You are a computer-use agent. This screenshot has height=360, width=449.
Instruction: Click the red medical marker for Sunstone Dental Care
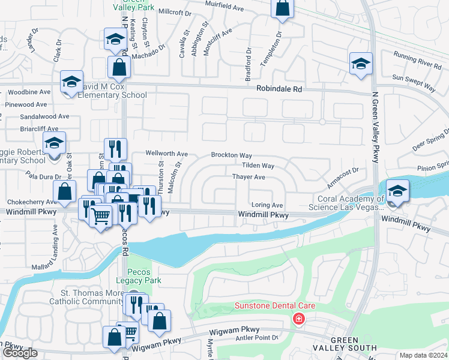point(298,319)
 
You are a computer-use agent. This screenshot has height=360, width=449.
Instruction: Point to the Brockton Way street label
point(231,155)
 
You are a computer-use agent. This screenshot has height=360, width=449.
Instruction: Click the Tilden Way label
point(258,166)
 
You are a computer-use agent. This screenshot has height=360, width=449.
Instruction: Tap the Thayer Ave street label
point(249,177)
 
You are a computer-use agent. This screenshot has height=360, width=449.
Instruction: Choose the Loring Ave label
point(267,205)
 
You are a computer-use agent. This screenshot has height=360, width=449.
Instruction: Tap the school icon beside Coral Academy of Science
point(397,191)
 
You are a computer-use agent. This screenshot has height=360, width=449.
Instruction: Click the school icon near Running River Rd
point(361,63)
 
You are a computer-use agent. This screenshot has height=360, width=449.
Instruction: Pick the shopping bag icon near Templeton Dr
point(282,8)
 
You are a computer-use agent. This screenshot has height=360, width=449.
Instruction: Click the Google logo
point(20,353)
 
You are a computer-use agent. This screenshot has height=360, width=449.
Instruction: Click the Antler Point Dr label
point(259,337)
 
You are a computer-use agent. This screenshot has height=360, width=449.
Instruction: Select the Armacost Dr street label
point(343,174)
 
